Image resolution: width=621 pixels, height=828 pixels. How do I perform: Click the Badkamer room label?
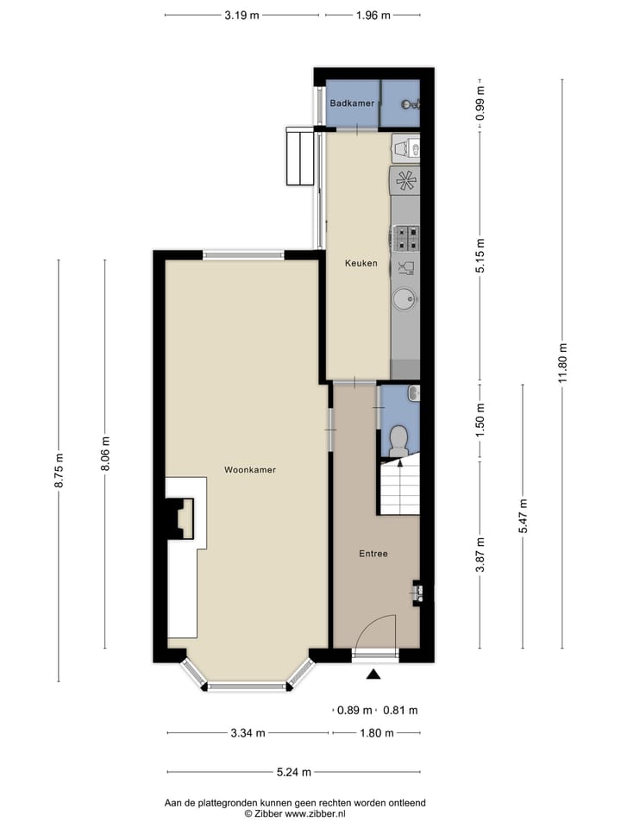tap(352, 103)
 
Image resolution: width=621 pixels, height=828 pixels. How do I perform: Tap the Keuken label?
tap(361, 264)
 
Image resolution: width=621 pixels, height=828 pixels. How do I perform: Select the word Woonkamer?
tap(249, 470)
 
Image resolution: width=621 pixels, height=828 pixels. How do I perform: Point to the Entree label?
tap(373, 554)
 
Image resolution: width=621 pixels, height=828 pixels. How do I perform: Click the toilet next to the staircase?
tap(398, 440)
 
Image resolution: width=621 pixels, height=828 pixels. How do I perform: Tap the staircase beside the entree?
tap(399, 487)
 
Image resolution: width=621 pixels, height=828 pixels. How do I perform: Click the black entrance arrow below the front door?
tap(373, 675)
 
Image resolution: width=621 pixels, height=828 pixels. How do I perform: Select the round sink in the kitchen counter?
tap(404, 299)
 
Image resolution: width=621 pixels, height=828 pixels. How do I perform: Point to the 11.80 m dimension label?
tap(562, 365)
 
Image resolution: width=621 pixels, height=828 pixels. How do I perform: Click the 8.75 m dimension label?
tap(59, 471)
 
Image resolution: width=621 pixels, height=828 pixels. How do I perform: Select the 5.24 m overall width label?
tap(293, 773)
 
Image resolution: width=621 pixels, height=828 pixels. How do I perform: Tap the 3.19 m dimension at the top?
tap(241, 15)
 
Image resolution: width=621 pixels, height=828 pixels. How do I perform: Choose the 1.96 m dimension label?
tap(373, 15)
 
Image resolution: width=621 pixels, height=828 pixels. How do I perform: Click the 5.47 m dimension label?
tap(523, 516)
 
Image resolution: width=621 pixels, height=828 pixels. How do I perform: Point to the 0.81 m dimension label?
tap(400, 711)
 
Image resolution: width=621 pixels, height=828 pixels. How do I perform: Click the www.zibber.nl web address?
tap(315, 813)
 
